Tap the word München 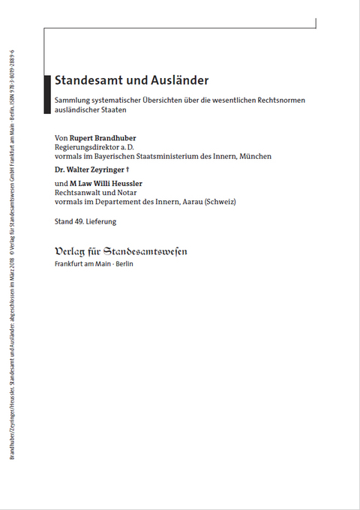pos(254,156)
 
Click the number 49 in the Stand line pos(79,221)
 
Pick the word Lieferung pos(101,221)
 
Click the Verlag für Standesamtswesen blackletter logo pos(121,251)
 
